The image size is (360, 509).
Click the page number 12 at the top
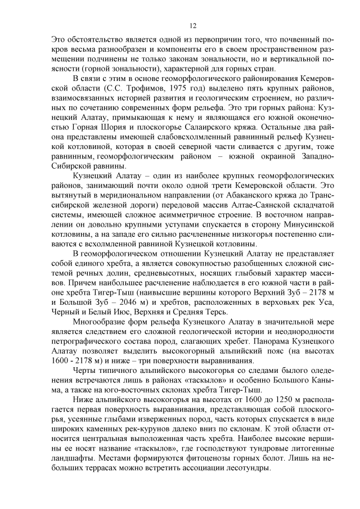192,26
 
